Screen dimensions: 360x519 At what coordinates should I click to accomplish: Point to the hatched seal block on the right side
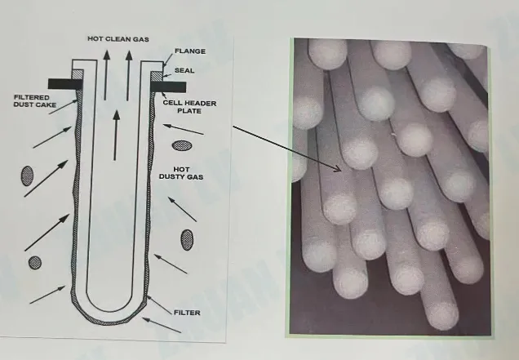click(156, 75)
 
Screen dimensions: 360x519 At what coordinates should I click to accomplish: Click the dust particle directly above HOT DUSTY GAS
click(182, 146)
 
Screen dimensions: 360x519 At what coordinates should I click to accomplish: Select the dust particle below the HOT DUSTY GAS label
click(187, 238)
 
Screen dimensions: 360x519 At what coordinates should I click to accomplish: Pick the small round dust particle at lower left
click(35, 263)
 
